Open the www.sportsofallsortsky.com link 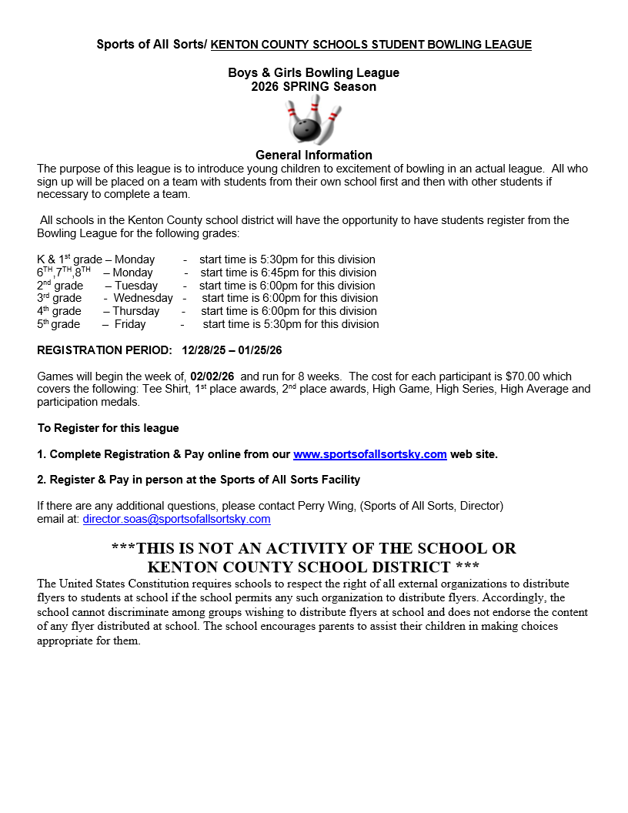point(369,454)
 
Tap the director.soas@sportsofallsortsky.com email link point(176,519)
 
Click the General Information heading point(313,155)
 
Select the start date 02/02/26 point(212,376)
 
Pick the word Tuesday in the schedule point(136,285)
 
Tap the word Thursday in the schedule point(135,311)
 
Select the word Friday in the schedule point(130,324)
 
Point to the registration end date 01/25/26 point(260,350)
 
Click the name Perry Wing point(325,506)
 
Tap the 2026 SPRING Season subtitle point(313,87)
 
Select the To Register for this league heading point(108,428)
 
